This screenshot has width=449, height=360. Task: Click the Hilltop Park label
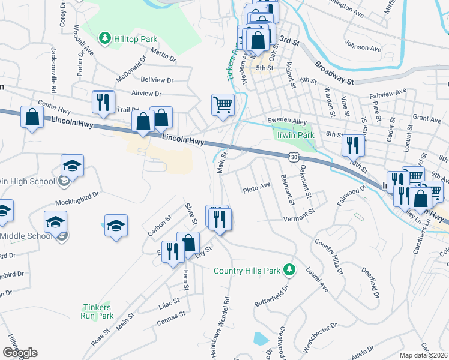click(x=137, y=39)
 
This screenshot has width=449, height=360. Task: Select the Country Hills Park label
click(x=247, y=271)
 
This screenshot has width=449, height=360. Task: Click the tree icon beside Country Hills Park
click(x=289, y=269)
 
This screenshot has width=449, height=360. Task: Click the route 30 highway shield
click(x=292, y=157)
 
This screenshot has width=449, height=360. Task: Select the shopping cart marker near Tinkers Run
click(x=223, y=106)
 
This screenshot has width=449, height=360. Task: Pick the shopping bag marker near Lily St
click(x=188, y=243)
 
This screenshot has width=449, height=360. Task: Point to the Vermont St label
click(x=299, y=213)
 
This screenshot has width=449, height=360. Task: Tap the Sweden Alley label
click(x=287, y=121)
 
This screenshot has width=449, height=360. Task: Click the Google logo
click(x=20, y=353)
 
